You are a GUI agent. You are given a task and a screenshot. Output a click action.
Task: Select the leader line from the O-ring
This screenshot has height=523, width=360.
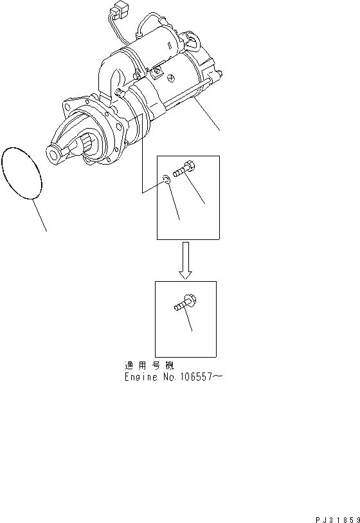pyautogui.click(x=39, y=216)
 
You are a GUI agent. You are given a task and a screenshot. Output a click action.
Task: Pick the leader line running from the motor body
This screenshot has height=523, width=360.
pyautogui.click(x=206, y=115)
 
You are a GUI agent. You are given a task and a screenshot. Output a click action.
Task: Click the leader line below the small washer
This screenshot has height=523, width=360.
pyautogui.click(x=174, y=206)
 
